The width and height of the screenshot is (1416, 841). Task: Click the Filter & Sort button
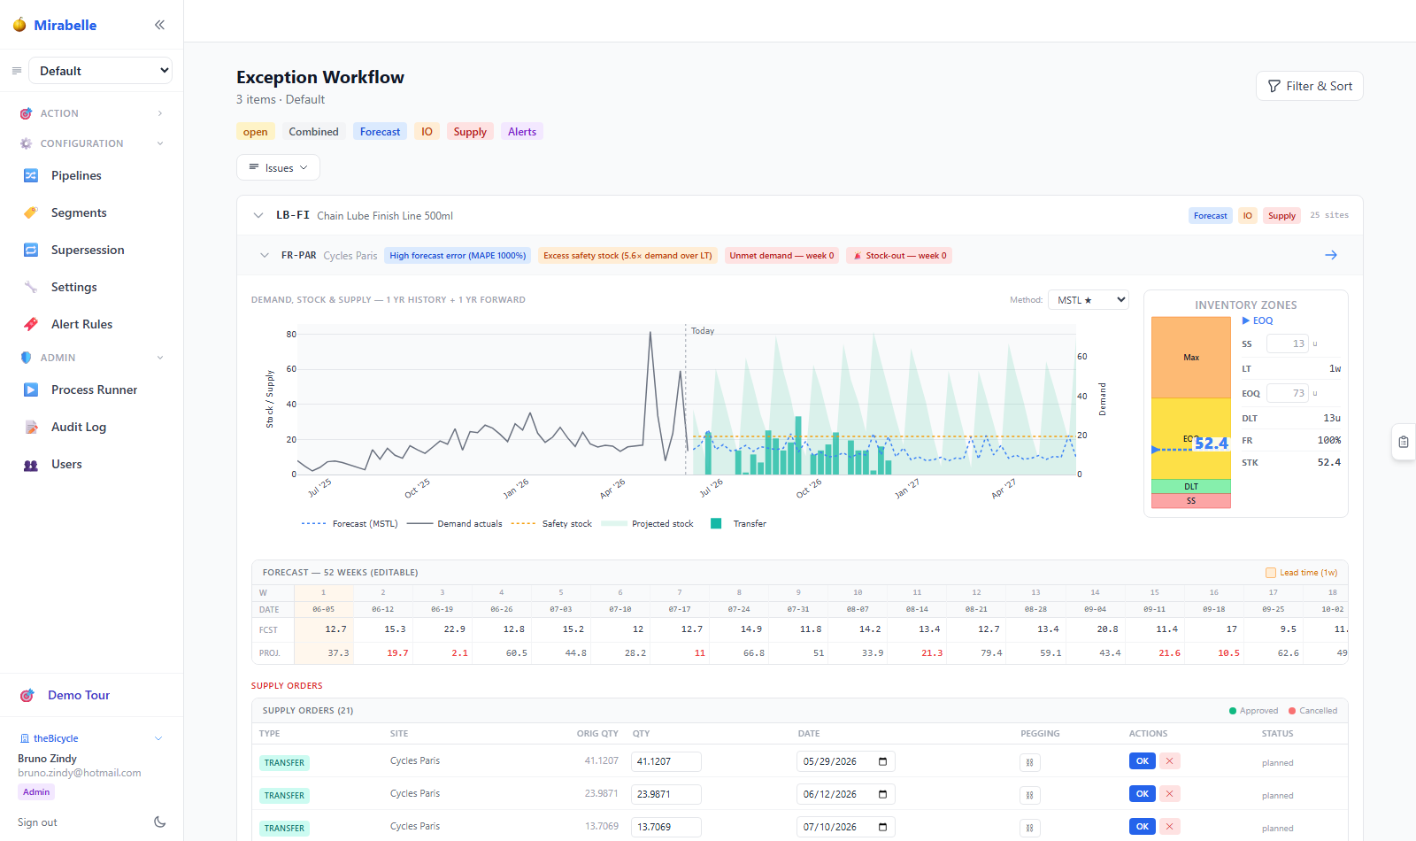click(1309, 86)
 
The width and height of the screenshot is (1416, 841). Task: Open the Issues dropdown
click(278, 167)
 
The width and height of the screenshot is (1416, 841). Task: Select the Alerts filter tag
click(521, 132)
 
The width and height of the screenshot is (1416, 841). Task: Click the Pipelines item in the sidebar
click(76, 175)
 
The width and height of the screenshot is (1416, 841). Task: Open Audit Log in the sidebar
click(79, 427)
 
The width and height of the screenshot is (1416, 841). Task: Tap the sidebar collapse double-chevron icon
click(159, 25)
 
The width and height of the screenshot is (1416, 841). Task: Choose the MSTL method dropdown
click(1088, 300)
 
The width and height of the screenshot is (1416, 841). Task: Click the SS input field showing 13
click(1287, 343)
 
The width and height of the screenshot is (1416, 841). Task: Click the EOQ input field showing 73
click(1287, 393)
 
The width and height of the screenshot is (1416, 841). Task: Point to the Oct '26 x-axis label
click(809, 488)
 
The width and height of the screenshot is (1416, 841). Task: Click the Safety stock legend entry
click(551, 523)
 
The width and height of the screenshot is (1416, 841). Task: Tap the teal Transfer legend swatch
click(716, 523)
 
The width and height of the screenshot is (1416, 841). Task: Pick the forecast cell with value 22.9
click(442, 629)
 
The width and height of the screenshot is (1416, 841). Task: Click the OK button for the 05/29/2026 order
click(1142, 760)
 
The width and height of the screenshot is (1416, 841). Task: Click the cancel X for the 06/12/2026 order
click(1169, 793)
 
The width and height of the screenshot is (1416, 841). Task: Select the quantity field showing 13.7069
click(666, 827)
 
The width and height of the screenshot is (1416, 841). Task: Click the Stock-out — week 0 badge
click(899, 256)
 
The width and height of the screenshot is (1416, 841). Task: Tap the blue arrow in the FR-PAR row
click(1331, 255)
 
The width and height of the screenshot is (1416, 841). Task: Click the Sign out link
click(37, 822)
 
